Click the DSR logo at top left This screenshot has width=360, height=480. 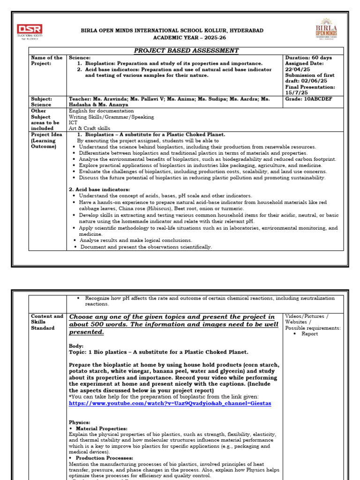(x=30, y=30)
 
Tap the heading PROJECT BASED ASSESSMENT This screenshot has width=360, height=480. (x=187, y=51)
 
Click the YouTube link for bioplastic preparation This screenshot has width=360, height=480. (x=170, y=403)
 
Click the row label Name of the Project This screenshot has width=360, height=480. (x=46, y=60)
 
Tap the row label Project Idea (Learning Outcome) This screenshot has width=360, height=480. (x=44, y=140)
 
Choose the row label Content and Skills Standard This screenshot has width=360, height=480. (x=47, y=322)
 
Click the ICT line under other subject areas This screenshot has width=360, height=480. (x=74, y=123)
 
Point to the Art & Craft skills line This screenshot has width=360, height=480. (x=90, y=128)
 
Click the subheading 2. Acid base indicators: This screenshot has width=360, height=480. (x=99, y=189)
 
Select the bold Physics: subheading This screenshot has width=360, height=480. (x=79, y=422)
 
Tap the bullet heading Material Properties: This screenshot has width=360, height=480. (x=101, y=428)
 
